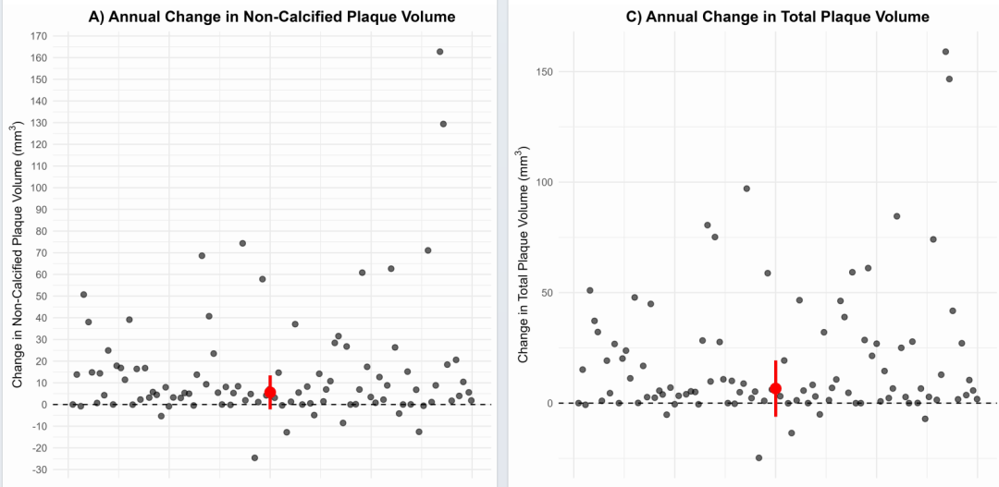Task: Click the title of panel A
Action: pos(271,17)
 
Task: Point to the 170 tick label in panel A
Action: pos(39,36)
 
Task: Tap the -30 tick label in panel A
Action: pos(39,469)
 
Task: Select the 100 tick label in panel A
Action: pos(39,188)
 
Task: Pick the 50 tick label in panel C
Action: pos(558,293)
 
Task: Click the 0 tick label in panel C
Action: pos(561,404)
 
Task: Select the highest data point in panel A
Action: pos(439,52)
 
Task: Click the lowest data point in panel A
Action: pos(254,457)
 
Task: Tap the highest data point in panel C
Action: pos(945,52)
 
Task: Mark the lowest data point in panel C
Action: pos(758,457)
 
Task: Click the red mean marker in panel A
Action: pos(269,393)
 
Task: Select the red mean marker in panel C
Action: pos(775,388)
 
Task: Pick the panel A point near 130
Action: pos(443,124)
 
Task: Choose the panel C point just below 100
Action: pos(746,189)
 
